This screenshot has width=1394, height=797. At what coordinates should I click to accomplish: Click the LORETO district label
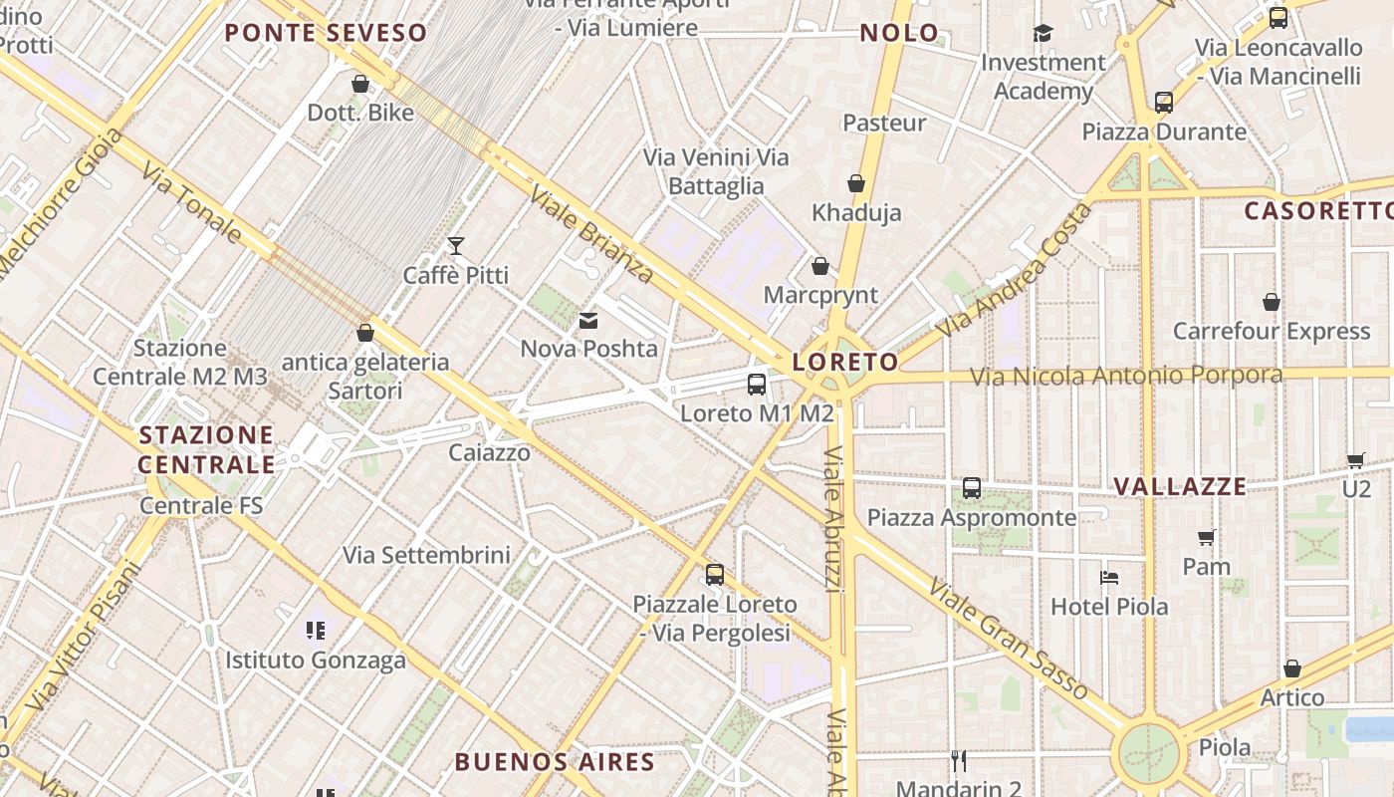845,362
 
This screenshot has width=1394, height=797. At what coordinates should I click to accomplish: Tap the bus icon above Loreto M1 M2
757,385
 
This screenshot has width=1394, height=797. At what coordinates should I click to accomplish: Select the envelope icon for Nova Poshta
588,321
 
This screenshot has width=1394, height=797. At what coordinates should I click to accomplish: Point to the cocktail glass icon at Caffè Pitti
456,246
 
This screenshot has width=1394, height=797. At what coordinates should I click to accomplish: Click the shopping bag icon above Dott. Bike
360,84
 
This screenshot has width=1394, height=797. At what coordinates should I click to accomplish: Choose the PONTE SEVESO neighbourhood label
326,33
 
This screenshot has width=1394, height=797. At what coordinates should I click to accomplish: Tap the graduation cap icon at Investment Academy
1043,34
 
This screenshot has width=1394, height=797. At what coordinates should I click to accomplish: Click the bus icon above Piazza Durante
1164,102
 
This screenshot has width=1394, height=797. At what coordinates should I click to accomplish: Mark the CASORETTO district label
1318,211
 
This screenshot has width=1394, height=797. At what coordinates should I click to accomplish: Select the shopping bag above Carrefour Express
1272,302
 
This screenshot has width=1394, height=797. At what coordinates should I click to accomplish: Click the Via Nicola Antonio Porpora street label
1126,376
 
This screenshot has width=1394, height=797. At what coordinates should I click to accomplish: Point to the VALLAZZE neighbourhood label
1180,486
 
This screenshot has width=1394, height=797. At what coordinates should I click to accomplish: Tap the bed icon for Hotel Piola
1109,577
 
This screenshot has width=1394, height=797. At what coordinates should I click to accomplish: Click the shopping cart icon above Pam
1207,538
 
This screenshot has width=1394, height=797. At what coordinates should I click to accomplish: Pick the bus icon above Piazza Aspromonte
972,488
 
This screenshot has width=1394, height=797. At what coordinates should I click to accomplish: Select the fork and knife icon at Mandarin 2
959,762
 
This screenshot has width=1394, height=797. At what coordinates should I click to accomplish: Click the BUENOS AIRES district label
555,763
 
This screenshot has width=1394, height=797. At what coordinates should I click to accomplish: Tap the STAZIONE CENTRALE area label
206,449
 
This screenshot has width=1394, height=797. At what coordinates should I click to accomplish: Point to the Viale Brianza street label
591,233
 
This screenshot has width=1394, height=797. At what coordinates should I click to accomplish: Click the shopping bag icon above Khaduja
856,183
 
